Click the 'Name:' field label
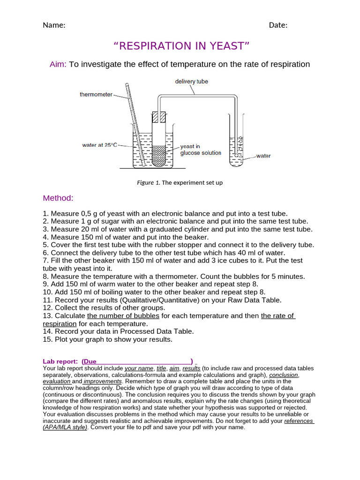[54, 25]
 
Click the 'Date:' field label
[278, 25]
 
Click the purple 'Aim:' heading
[59, 64]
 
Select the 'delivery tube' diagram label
[191, 82]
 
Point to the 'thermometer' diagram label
[96, 95]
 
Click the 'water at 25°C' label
[99, 145]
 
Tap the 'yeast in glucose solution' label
[201, 150]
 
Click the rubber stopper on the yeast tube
[159, 117]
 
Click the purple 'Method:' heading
[58, 198]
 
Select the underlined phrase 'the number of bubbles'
[123, 316]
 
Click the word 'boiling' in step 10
[108, 292]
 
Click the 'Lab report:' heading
[60, 361]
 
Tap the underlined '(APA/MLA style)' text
[65, 427]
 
